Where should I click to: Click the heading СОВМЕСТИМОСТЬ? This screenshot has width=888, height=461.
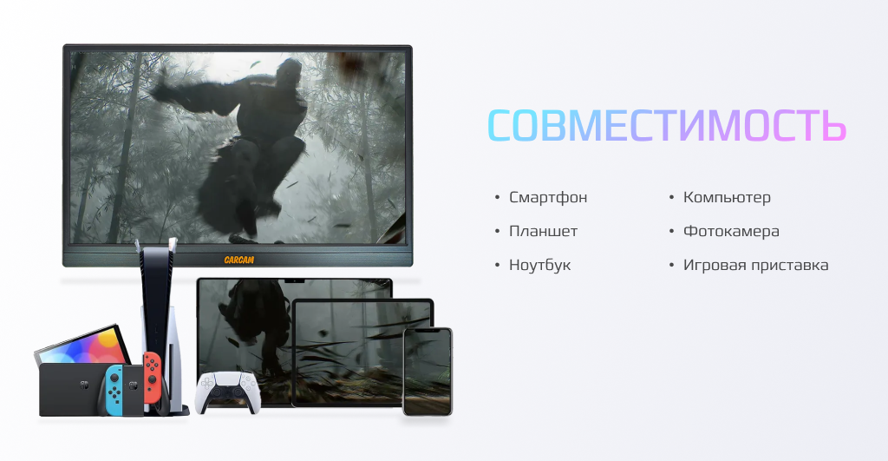(667, 125)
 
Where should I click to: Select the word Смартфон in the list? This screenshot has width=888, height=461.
(548, 197)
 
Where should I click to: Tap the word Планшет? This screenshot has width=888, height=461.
(543, 231)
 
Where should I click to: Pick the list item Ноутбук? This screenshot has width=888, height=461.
(539, 265)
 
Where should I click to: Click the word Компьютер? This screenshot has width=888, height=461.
(727, 197)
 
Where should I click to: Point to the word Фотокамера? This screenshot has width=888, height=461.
(731, 231)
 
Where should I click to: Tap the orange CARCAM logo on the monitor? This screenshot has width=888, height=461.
(239, 260)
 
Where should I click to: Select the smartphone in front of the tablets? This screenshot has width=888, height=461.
(428, 372)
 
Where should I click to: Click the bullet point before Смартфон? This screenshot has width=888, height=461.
(497, 197)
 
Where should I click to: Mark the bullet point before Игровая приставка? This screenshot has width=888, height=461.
(672, 266)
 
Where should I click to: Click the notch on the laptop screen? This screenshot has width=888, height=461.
(295, 280)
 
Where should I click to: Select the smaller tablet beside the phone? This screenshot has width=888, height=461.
(362, 352)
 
